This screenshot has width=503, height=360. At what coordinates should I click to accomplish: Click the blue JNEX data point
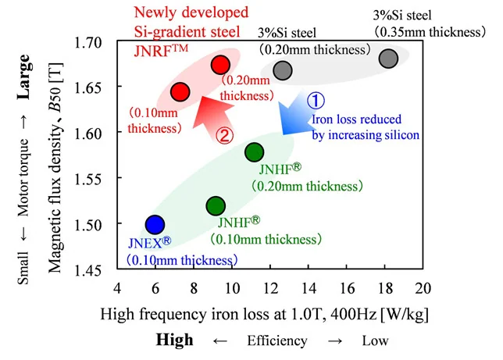pos(155,225)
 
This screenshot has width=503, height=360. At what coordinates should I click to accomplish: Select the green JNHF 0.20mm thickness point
pos(255,151)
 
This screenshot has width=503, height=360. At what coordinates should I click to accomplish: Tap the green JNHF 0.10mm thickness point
pos(216,206)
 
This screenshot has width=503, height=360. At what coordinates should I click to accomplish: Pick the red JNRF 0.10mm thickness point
pos(180,91)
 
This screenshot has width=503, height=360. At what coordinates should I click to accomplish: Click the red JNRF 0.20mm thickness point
pos(220,65)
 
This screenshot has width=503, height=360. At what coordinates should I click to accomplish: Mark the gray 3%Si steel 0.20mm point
pos(283,70)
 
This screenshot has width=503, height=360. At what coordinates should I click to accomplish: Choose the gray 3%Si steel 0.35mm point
pos(388,58)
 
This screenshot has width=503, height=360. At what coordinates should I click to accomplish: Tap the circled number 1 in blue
pos(314,101)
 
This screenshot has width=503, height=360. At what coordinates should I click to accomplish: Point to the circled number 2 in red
pos(223,134)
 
